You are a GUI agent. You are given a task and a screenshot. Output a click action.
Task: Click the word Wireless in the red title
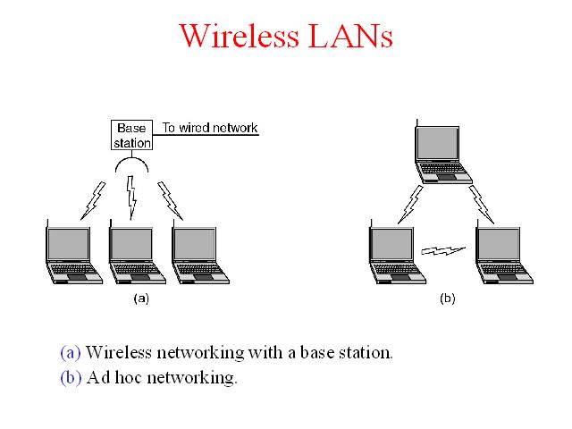pyautogui.click(x=239, y=36)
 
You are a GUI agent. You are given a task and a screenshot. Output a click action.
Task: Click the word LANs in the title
pyautogui.click(x=350, y=36)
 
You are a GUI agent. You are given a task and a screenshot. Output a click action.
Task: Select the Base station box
pyautogui.click(x=131, y=135)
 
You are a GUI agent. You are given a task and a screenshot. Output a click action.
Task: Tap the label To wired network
pyautogui.click(x=210, y=128)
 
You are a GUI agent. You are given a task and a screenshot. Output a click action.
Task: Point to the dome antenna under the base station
pyautogui.click(x=131, y=159)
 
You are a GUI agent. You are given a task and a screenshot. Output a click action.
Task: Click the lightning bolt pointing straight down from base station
pyautogui.click(x=131, y=198)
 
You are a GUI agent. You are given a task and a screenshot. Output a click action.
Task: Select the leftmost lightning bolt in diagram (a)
pyautogui.click(x=93, y=200)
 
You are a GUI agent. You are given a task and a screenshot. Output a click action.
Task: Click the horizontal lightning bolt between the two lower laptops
pyautogui.click(x=443, y=251)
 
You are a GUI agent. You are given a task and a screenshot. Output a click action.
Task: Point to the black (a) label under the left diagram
pyautogui.click(x=141, y=299)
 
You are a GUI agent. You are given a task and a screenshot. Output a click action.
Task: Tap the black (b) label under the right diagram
pyautogui.click(x=448, y=299)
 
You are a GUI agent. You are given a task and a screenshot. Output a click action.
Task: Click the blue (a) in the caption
pyautogui.click(x=71, y=353)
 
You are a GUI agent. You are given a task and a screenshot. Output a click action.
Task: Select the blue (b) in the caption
pyautogui.click(x=71, y=377)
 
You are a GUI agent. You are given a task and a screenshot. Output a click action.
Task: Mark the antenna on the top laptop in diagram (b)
pyautogui.click(x=416, y=123)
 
